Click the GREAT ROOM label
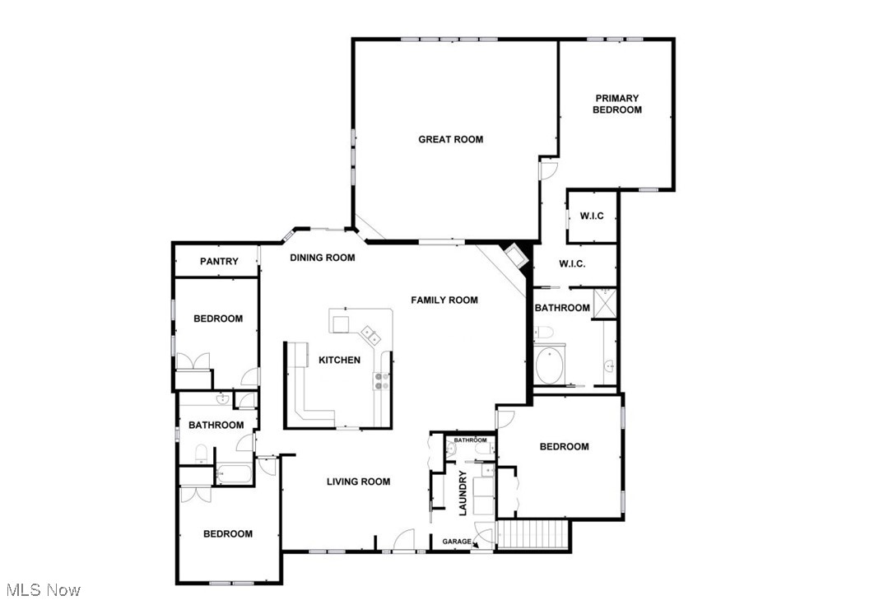pyautogui.click(x=450, y=139)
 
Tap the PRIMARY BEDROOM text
pyautogui.click(x=617, y=104)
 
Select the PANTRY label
pyautogui.click(x=219, y=262)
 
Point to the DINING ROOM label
pyautogui.click(x=323, y=258)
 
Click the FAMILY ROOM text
pyautogui.click(x=444, y=300)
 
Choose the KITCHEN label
pyautogui.click(x=339, y=360)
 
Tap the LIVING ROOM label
pyautogui.click(x=358, y=482)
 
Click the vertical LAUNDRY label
pyautogui.click(x=463, y=494)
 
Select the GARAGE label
pyautogui.click(x=457, y=542)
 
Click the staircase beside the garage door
pyautogui.click(x=534, y=536)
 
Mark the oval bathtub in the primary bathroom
pyautogui.click(x=549, y=366)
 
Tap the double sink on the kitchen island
pyautogui.click(x=369, y=334)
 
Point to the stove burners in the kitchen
pyautogui.click(x=383, y=380)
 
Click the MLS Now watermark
pyautogui.click(x=43, y=589)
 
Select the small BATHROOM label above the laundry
pyautogui.click(x=470, y=440)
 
